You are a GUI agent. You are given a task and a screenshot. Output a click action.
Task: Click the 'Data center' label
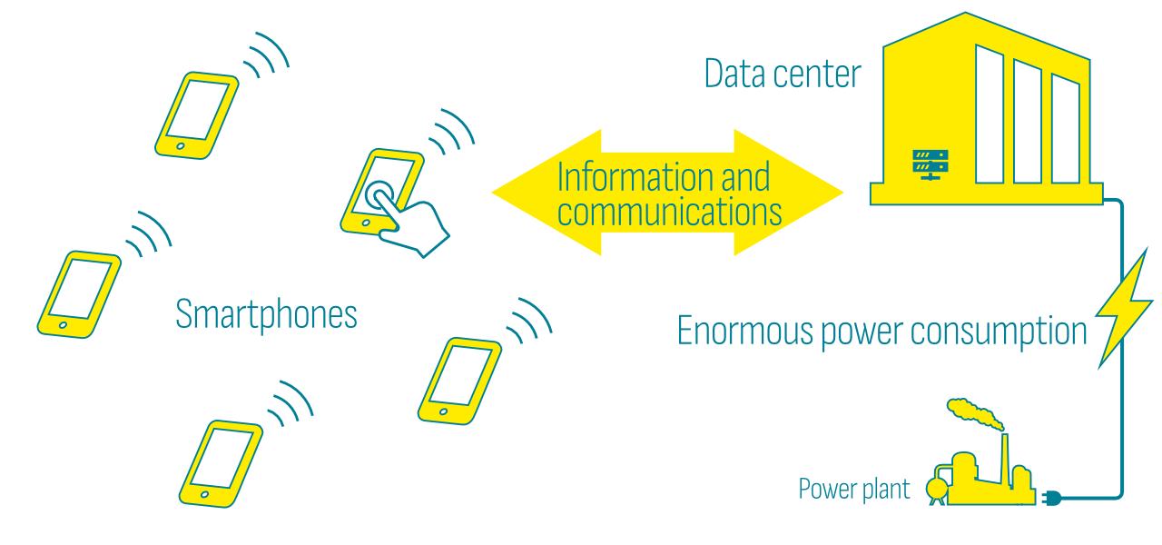(782, 74)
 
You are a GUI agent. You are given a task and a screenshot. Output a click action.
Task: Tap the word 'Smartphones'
(266, 315)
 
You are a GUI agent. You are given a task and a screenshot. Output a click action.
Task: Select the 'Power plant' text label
(853, 490)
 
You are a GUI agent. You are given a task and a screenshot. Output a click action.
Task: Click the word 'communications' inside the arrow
(669, 213)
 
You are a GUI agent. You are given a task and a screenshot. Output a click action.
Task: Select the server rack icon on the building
(930, 163)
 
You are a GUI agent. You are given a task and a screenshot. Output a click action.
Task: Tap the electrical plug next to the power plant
(1050, 498)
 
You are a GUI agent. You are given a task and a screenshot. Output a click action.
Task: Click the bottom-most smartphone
(221, 461)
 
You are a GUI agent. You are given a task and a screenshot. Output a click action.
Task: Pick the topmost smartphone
(196, 114)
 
